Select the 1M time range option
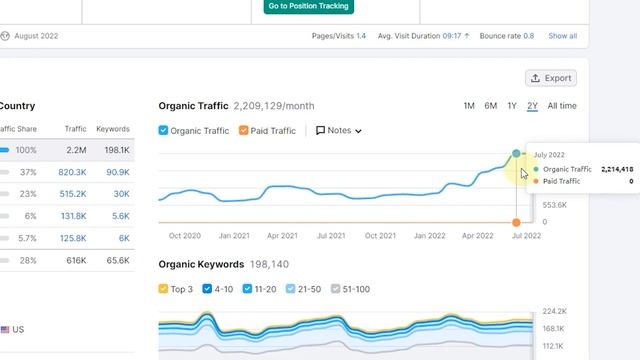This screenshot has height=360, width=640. (x=469, y=106)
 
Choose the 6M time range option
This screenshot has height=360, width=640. (x=490, y=106)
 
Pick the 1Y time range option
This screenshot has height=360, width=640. (x=512, y=106)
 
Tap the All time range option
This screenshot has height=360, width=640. (x=562, y=106)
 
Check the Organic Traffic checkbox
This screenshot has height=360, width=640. (x=164, y=131)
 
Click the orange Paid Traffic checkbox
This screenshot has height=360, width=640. (x=243, y=131)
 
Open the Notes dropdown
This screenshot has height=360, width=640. (x=338, y=131)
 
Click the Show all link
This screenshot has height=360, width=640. (x=562, y=36)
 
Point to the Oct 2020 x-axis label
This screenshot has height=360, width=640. (x=185, y=236)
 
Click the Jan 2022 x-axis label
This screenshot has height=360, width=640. (x=429, y=236)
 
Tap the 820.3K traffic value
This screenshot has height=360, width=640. (x=72, y=172)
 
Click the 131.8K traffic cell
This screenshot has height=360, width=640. (x=72, y=216)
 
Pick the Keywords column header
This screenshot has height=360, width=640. (x=112, y=129)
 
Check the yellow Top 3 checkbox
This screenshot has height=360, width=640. (x=164, y=289)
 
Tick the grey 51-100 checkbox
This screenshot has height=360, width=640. (x=336, y=289)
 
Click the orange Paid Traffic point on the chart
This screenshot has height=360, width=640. (x=516, y=222)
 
